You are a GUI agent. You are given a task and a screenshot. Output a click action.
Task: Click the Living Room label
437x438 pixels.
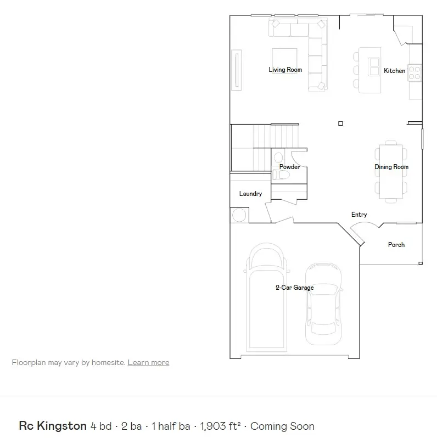tap(285, 70)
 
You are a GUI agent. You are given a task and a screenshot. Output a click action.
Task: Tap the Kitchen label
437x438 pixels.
tap(394, 71)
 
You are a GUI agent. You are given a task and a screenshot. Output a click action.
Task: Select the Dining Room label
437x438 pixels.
tap(391, 167)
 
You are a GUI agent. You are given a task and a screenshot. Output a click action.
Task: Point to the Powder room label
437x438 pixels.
tap(289, 167)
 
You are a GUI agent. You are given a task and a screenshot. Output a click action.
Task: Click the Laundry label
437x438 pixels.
tap(250, 194)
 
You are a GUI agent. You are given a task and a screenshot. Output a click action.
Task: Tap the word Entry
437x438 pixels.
tap(359, 215)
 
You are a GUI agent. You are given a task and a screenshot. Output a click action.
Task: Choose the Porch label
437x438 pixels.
tap(396, 245)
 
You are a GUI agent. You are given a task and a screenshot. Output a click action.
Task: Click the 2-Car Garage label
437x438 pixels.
tap(294, 288)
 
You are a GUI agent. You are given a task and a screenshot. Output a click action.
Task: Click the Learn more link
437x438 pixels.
tap(148, 362)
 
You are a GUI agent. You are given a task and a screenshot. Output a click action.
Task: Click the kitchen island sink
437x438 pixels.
tap(374, 66)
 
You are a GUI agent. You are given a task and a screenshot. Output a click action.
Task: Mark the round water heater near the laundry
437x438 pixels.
tap(239, 215)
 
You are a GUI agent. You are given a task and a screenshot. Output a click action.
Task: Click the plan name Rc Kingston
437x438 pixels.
tap(53, 426)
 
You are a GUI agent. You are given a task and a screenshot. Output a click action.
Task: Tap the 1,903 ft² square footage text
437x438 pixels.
tap(220, 426)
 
